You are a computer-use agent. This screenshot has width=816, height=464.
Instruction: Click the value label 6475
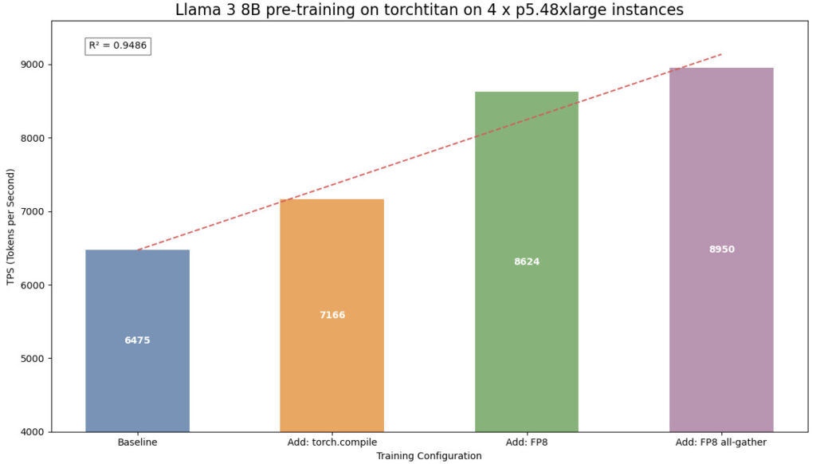coord(137,340)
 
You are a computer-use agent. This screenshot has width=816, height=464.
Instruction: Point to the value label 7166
coord(332,315)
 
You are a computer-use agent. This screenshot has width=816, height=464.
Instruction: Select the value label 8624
coord(527,261)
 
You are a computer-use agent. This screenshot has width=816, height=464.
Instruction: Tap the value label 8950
coord(722,250)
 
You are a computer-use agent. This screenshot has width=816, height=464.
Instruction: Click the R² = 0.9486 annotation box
coord(117,45)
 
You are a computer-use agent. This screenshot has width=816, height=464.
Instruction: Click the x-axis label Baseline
coord(137,442)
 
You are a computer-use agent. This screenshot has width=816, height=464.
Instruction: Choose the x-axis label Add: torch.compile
coord(331,442)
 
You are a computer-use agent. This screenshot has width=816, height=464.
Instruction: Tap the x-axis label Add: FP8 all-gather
coord(721,442)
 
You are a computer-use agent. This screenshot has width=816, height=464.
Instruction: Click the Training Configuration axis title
coord(429,456)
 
